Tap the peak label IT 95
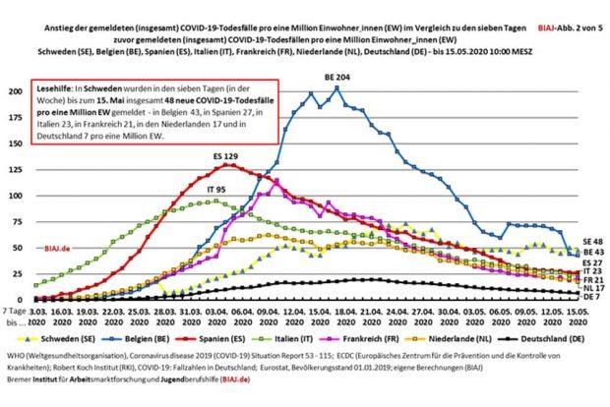tap(201, 191)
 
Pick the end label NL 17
tap(590, 287)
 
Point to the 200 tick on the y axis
tap(15, 91)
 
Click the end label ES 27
tap(590, 263)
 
